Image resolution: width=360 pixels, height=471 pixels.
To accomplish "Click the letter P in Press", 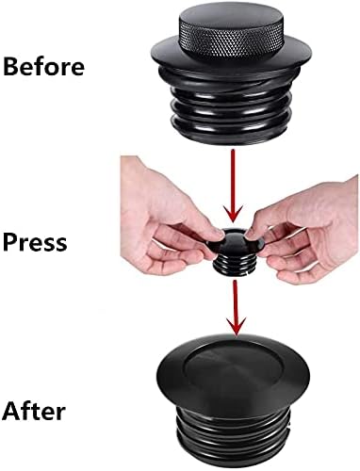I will pos(11,242).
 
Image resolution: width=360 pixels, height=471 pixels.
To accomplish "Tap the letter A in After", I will pos(12,411).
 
